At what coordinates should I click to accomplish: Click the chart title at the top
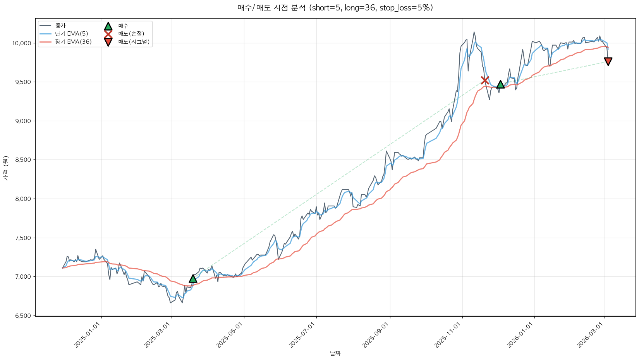pos(335,8)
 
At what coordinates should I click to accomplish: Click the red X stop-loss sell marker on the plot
pos(485,80)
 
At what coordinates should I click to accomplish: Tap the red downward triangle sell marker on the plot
pos(608,62)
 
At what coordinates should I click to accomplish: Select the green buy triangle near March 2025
pos(193,278)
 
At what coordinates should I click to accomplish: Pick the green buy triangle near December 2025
pos(500,84)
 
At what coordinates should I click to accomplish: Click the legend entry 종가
pos(61,26)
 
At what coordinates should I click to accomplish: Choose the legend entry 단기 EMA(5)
pos(72,34)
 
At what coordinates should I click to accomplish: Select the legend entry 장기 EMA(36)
pos(73,42)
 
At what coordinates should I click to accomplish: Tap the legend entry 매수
pos(123,26)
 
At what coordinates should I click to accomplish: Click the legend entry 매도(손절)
pos(131,34)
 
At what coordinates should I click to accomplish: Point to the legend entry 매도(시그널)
pos(134,42)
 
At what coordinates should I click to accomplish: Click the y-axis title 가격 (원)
pos(6,168)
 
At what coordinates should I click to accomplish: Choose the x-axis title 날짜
pos(335,353)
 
